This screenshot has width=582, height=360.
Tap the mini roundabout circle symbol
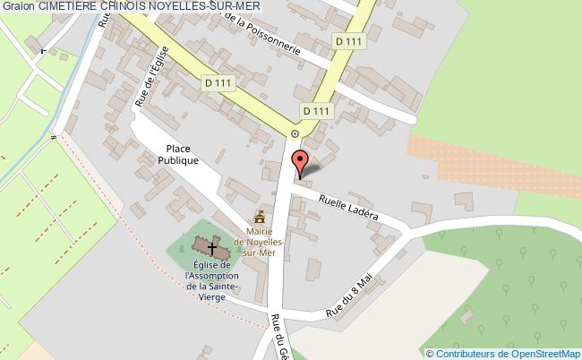point(295,133)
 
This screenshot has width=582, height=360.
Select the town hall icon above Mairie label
point(260,217)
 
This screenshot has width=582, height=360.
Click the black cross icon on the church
point(213,247)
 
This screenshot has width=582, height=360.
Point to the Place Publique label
point(181,155)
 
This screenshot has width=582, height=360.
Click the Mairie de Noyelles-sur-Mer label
point(260,242)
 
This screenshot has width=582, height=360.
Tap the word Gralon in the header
point(19,6)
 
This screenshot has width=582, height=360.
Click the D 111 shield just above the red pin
point(316,110)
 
